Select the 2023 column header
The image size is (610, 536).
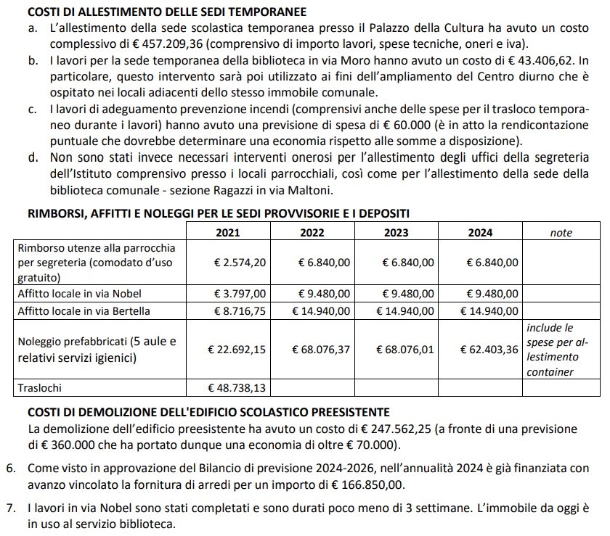tap(396, 233)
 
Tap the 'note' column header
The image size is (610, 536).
tap(561, 233)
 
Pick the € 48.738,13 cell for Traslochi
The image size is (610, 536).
tap(237, 389)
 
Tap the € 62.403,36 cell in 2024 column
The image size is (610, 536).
tap(489, 350)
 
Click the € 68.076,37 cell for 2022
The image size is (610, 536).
tap(321, 350)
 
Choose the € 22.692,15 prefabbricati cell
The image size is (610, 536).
tap(237, 350)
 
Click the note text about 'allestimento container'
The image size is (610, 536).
tap(561, 350)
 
